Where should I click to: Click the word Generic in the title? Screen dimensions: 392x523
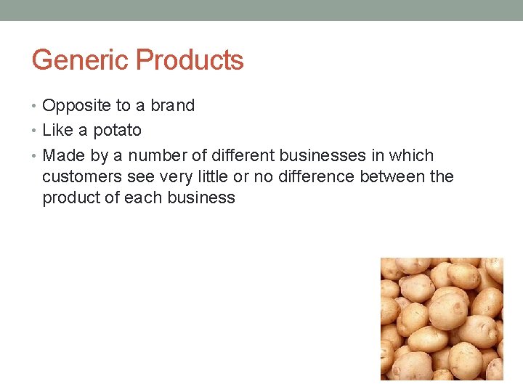[x=81, y=60]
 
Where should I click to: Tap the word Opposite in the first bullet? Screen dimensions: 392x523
[x=76, y=106]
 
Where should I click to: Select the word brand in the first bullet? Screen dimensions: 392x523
[x=173, y=106]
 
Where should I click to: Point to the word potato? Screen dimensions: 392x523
[x=117, y=131]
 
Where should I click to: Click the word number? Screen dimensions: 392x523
[x=158, y=156]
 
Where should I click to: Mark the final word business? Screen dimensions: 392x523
[x=203, y=198]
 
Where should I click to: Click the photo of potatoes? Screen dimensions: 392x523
[x=442, y=319]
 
